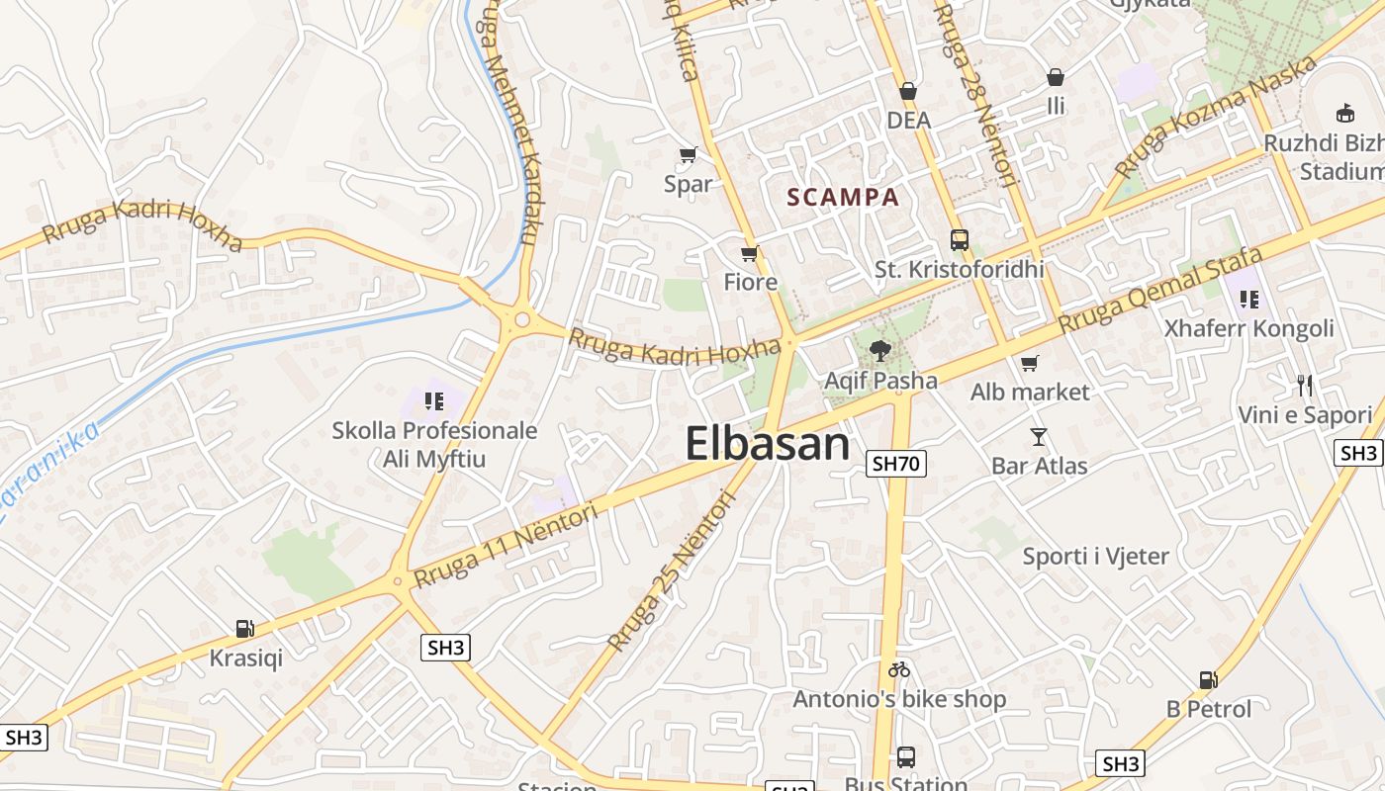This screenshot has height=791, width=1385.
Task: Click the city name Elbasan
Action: pyautogui.click(x=768, y=444)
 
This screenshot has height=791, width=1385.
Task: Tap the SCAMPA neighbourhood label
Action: pyautogui.click(x=843, y=198)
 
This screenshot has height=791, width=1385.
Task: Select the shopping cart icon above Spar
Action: pyautogui.click(x=689, y=154)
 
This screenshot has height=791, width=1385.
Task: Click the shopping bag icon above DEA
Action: pyautogui.click(x=908, y=91)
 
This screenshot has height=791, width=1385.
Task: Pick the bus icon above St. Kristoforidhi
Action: pyautogui.click(x=959, y=239)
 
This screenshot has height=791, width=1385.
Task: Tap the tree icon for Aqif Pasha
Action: pyautogui.click(x=878, y=349)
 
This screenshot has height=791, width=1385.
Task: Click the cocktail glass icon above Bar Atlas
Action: pyautogui.click(x=1038, y=436)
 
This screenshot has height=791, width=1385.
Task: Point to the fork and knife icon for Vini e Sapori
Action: pyautogui.click(x=1305, y=385)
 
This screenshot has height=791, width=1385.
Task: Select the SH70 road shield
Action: pyautogui.click(x=896, y=463)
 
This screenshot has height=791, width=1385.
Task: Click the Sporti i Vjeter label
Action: pyautogui.click(x=1096, y=557)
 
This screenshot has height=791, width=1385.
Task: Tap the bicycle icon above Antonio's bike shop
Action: pyautogui.click(x=898, y=669)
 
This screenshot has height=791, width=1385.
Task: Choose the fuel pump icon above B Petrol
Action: pyautogui.click(x=1208, y=679)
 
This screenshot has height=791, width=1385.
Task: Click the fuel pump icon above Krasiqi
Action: pyautogui.click(x=244, y=628)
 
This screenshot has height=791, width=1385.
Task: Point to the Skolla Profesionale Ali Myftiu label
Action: pyautogui.click(x=435, y=445)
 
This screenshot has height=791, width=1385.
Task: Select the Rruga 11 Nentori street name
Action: pyautogui.click(x=507, y=545)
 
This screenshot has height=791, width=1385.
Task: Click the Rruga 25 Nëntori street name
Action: pyautogui.click(x=673, y=572)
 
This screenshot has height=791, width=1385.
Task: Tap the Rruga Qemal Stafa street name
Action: pyautogui.click(x=1147, y=290)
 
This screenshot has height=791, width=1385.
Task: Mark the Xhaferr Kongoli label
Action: pyautogui.click(x=1248, y=328)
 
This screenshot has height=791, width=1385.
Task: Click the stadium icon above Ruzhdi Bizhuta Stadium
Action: pyautogui.click(x=1344, y=113)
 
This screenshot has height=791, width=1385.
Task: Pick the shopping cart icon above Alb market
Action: pyautogui.click(x=1029, y=363)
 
